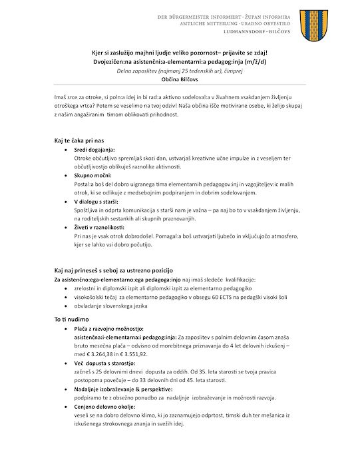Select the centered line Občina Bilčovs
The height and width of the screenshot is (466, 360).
click(180, 79)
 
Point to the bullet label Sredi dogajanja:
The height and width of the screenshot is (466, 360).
click(94, 150)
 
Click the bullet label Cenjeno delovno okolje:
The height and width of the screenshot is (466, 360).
click(104, 406)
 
